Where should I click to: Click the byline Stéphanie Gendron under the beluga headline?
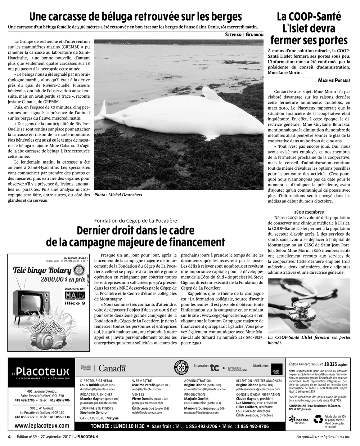pyautogui.click(x=244, y=35)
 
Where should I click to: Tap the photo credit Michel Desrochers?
pyautogui.click(x=118, y=195)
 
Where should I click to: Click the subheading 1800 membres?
pyautogui.click(x=309, y=212)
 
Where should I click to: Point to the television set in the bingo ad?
pyautogui.click(x=28, y=304)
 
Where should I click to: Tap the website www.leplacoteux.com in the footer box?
pyautogui.click(x=42, y=425)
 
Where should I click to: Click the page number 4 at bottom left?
pyautogui.click(x=9, y=436)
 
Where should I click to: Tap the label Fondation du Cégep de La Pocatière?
pyautogui.click(x=135, y=220)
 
